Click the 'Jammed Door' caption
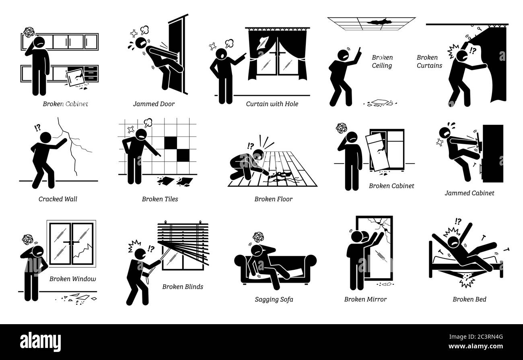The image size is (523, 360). [x=154, y=104]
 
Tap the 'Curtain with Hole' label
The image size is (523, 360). [x=272, y=104]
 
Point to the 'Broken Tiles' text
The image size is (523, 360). [x=160, y=199]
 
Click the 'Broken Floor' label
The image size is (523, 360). [x=273, y=199]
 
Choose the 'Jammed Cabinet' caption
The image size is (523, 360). [x=469, y=193]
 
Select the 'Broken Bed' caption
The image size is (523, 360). [x=469, y=300]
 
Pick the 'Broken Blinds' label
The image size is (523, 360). [x=183, y=287]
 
